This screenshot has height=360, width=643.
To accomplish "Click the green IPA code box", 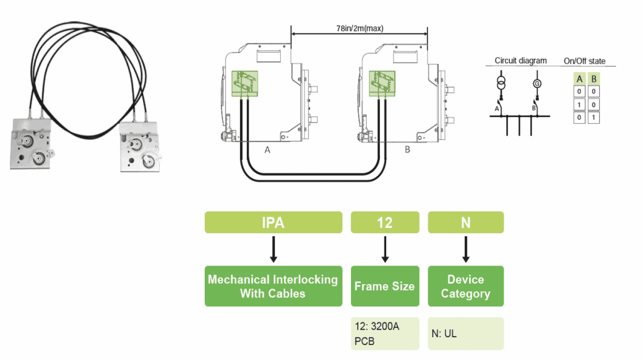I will tap(273, 222).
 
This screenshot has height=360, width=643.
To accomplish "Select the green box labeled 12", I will tap(384, 222).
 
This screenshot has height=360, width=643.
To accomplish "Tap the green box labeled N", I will tap(465, 222).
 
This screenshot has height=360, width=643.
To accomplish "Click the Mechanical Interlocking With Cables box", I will tap(273, 286).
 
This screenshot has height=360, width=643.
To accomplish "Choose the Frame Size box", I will tap(384, 286).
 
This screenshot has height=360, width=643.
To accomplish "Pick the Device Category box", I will tap(465, 286).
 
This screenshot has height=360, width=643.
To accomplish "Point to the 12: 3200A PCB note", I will tap(384, 333).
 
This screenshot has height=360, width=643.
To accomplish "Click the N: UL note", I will tap(465, 333).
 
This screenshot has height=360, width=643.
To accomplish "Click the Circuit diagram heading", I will tap(521, 61).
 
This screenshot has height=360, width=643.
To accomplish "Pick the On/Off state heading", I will tap(585, 61).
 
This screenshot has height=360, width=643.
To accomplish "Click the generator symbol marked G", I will tap(536, 84).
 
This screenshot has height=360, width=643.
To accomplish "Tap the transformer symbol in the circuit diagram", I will tap(500, 84).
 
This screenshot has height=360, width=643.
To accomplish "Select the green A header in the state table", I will tap(580, 79).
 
